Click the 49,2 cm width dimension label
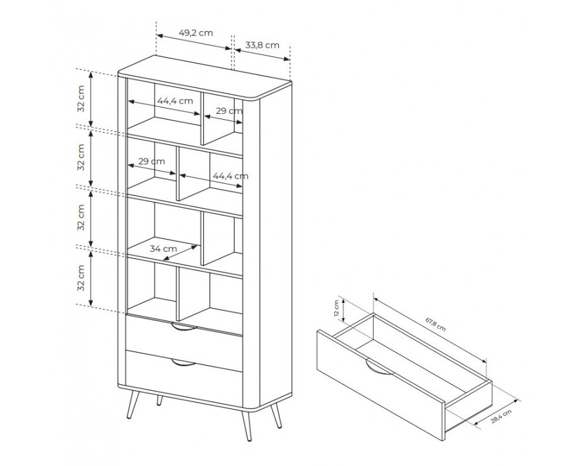pyautogui.click(x=196, y=33)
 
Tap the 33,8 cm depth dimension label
pyautogui.click(x=263, y=45)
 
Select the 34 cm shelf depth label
pyautogui.click(x=164, y=249)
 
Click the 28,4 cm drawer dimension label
pyautogui.click(x=501, y=417)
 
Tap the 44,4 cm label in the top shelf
pyautogui.click(x=175, y=101)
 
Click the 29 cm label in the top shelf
pyautogui.click(x=230, y=111)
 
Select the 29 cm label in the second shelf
pyautogui.click(x=151, y=162)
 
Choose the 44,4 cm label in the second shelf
pyautogui.click(x=230, y=176)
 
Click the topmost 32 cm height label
pyautogui.click(x=81, y=98)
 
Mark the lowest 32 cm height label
pyautogui.click(x=81, y=278)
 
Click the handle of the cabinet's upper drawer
pyautogui.click(x=184, y=327)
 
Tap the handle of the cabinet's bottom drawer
pyautogui.click(x=184, y=362)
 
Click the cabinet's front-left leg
pyautogui.click(x=133, y=405)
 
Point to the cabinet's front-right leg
pyautogui.click(x=246, y=426)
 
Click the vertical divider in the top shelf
pyautogui.click(x=202, y=118)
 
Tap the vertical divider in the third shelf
pyautogui.click(x=202, y=238)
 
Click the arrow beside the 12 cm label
pyautogui.click(x=344, y=311)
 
